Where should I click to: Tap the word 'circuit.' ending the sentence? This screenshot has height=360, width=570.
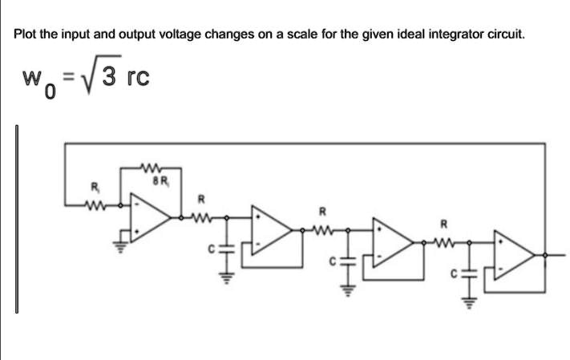pyautogui.click(x=503, y=35)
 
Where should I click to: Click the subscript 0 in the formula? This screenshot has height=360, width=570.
pyautogui.click(x=50, y=95)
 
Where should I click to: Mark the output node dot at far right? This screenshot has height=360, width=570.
pyautogui.click(x=547, y=255)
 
